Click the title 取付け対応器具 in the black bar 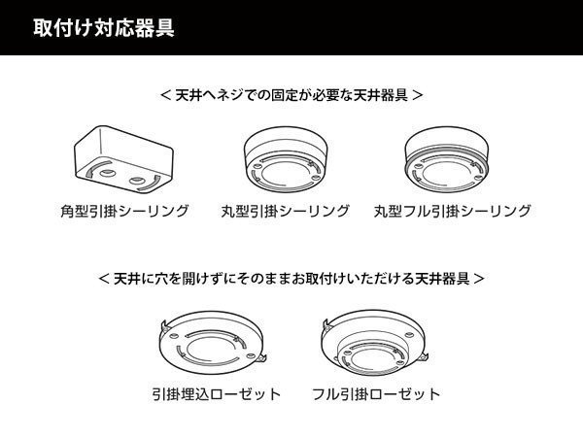[x=96, y=26]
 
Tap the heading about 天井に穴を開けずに [x=291, y=279]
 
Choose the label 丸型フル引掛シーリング [x=453, y=211]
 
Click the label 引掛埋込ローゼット [x=217, y=394]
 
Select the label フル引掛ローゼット [x=376, y=394]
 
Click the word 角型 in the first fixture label [x=74, y=211]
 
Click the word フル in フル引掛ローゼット [x=325, y=394]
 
